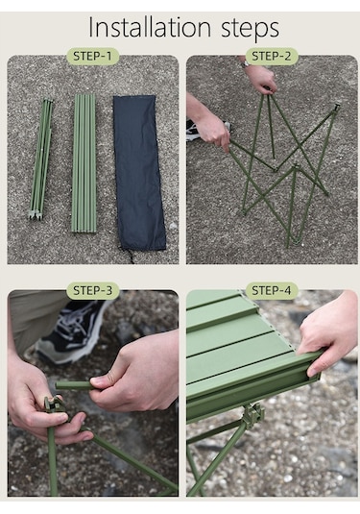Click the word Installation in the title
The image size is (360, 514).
tap(150, 27)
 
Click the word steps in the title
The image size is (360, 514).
tap(250, 29)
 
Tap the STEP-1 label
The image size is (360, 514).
tap(92, 56)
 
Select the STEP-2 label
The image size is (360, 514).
tap(272, 56)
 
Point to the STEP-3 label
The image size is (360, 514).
tap(93, 290)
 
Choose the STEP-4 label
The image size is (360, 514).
tap(272, 290)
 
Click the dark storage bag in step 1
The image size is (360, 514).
tap(139, 173)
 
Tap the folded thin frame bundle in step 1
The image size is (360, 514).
tap(41, 159)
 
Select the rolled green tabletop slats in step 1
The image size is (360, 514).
tap(84, 163)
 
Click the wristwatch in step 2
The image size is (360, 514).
tap(245, 63)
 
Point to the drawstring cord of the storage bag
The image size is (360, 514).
tap(129, 256)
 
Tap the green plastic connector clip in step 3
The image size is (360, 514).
tap(54, 404)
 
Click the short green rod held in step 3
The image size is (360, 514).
tap(74, 385)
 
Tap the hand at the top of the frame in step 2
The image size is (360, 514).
tap(260, 78)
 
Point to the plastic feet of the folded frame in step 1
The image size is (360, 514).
tap(35, 215)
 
